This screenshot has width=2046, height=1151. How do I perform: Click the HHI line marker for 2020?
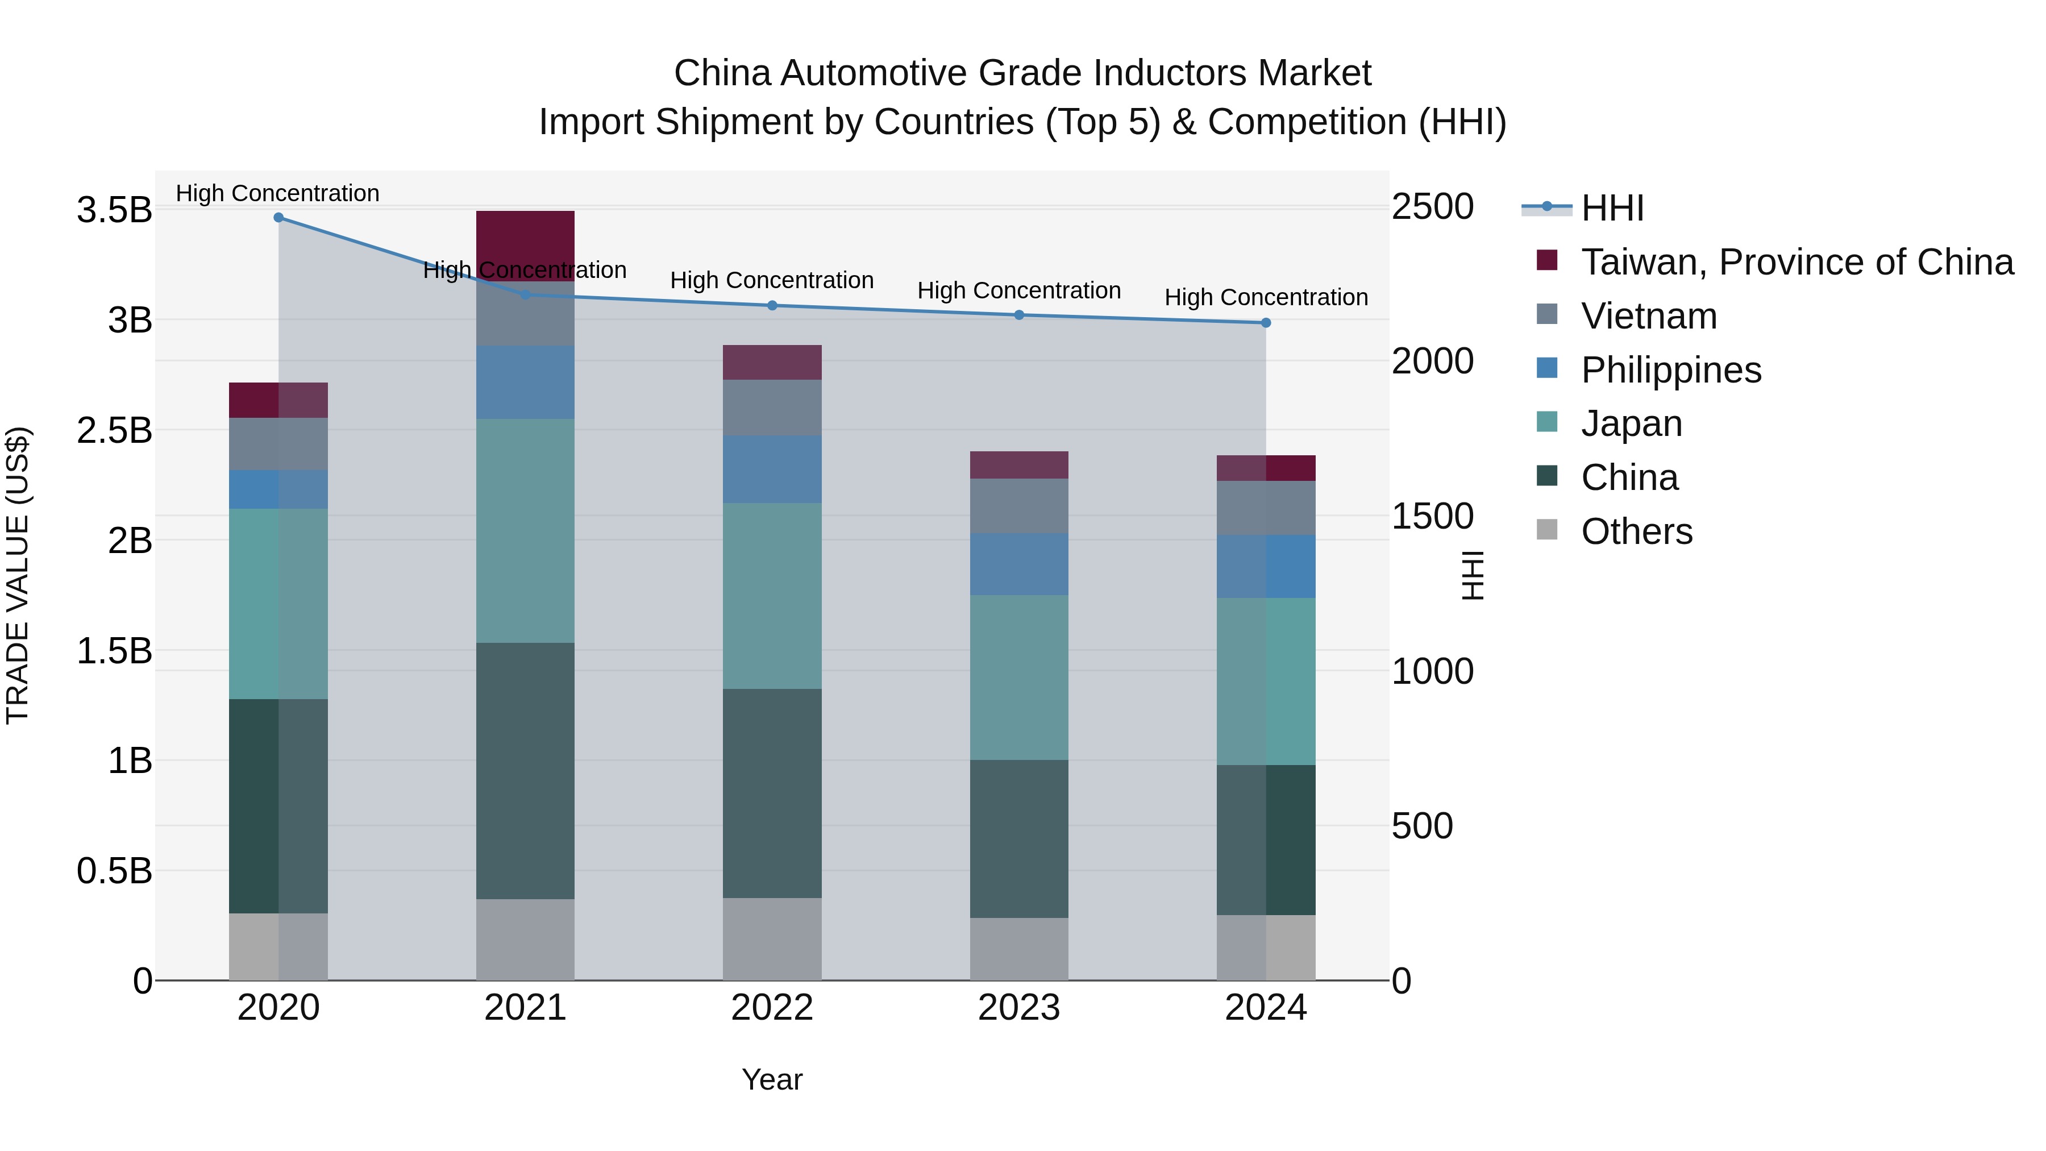point(278,218)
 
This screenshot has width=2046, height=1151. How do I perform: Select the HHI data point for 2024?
point(1266,322)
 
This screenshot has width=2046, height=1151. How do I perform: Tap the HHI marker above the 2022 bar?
point(772,306)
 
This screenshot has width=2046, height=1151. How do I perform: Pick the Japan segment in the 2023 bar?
point(1019,677)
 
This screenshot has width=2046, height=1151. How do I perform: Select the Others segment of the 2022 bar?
point(772,939)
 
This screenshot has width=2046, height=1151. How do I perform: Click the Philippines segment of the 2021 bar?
point(525,382)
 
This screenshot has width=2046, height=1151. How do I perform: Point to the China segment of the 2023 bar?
point(1019,839)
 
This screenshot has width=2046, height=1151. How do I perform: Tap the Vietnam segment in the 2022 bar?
point(772,408)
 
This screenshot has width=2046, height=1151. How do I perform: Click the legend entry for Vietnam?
point(1648,316)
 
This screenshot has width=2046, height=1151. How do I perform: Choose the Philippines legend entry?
point(1670,370)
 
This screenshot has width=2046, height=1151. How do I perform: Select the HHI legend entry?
point(1612,208)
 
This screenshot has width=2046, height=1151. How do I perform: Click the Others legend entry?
point(1636,531)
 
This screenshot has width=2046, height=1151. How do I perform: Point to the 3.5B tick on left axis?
point(114,210)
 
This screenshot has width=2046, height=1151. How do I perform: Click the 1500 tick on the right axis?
point(1433,516)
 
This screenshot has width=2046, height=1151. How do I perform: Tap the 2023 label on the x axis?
point(1019,1008)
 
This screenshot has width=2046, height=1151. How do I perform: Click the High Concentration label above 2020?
point(277,193)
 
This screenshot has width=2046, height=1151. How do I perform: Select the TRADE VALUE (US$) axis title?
point(18,575)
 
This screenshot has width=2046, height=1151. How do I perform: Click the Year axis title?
point(772,1079)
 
